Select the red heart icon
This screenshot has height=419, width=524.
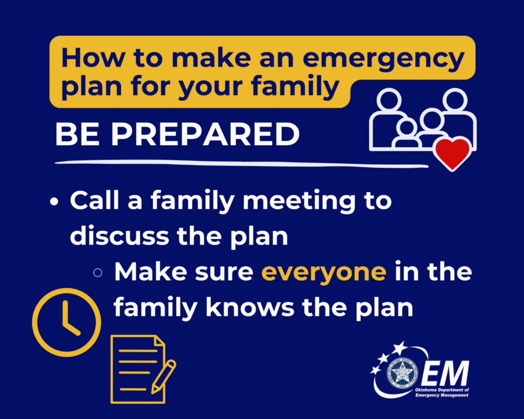click(452, 153)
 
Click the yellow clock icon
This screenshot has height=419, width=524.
click(67, 322)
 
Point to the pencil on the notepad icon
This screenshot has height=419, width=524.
click(164, 376)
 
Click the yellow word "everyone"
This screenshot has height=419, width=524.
click(324, 272)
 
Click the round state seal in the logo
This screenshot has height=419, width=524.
click(400, 373)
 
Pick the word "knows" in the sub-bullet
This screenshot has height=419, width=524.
click(250, 307)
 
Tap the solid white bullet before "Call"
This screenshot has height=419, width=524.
click(54, 202)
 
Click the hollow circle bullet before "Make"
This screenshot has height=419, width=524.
click(97, 273)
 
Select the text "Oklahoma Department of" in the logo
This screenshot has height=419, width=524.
click(442, 390)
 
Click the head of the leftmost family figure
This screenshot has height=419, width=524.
click(388, 100)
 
